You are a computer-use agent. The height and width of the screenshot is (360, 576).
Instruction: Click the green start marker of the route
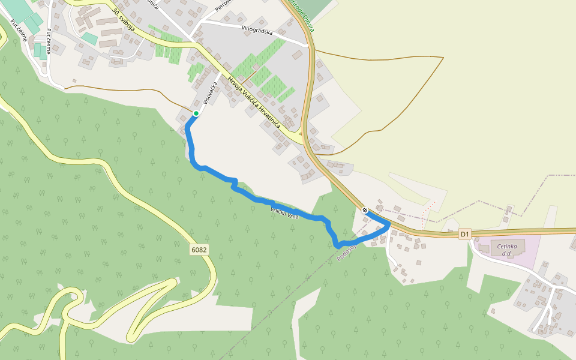tap(196, 113)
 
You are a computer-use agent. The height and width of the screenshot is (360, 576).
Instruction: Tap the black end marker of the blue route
tap(365, 209)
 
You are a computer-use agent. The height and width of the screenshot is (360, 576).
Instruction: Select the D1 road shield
tap(465, 234)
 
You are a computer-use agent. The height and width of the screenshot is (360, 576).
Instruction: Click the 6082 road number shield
tap(200, 249)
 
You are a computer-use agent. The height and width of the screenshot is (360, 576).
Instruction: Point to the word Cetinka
tap(509, 246)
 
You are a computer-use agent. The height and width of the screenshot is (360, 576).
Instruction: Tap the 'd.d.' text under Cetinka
tap(509, 254)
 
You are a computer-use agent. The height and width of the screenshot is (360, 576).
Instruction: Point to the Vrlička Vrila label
tap(284, 212)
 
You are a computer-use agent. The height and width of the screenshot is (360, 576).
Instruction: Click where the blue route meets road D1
tap(389, 224)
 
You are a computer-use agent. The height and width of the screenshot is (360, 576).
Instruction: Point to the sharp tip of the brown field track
tap(443, 58)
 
